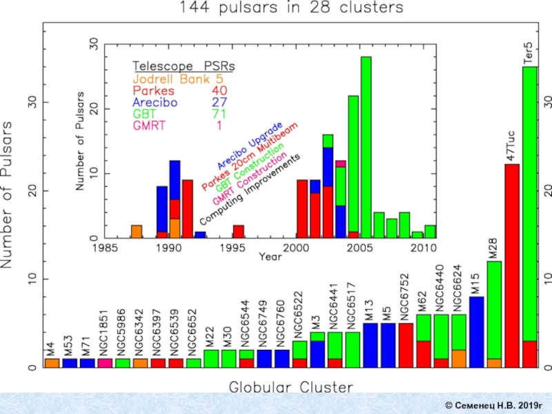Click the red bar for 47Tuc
click(x=512, y=262)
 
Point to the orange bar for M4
click(x=52, y=363)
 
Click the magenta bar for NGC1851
click(x=105, y=363)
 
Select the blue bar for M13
click(x=371, y=345)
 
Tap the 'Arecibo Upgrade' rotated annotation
click(x=249, y=146)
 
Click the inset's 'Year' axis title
click(x=270, y=256)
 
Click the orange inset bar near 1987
click(x=137, y=231)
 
